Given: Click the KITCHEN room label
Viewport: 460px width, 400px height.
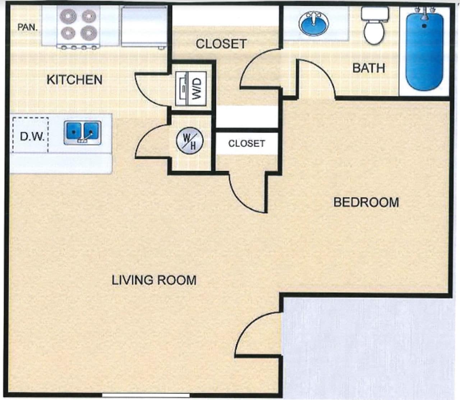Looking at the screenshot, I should pyautogui.click(x=74, y=79).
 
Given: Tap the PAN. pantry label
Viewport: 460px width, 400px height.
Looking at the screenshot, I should pyautogui.click(x=28, y=27).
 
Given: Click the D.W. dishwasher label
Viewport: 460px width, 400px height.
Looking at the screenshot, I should pyautogui.click(x=32, y=137).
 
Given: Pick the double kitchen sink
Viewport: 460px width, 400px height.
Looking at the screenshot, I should pyautogui.click(x=82, y=133).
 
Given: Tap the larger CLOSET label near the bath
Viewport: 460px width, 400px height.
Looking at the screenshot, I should pyautogui.click(x=221, y=44).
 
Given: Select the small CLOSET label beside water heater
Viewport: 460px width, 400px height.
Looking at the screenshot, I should pyautogui.click(x=246, y=143).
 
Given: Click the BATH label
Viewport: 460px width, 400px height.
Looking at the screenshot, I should pyautogui.click(x=368, y=68).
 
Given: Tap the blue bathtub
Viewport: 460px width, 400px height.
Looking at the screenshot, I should pyautogui.click(x=424, y=50).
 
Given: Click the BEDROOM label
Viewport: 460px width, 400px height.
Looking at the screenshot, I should pyautogui.click(x=366, y=202).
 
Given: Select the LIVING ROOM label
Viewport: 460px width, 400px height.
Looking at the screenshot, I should pyautogui.click(x=154, y=280).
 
